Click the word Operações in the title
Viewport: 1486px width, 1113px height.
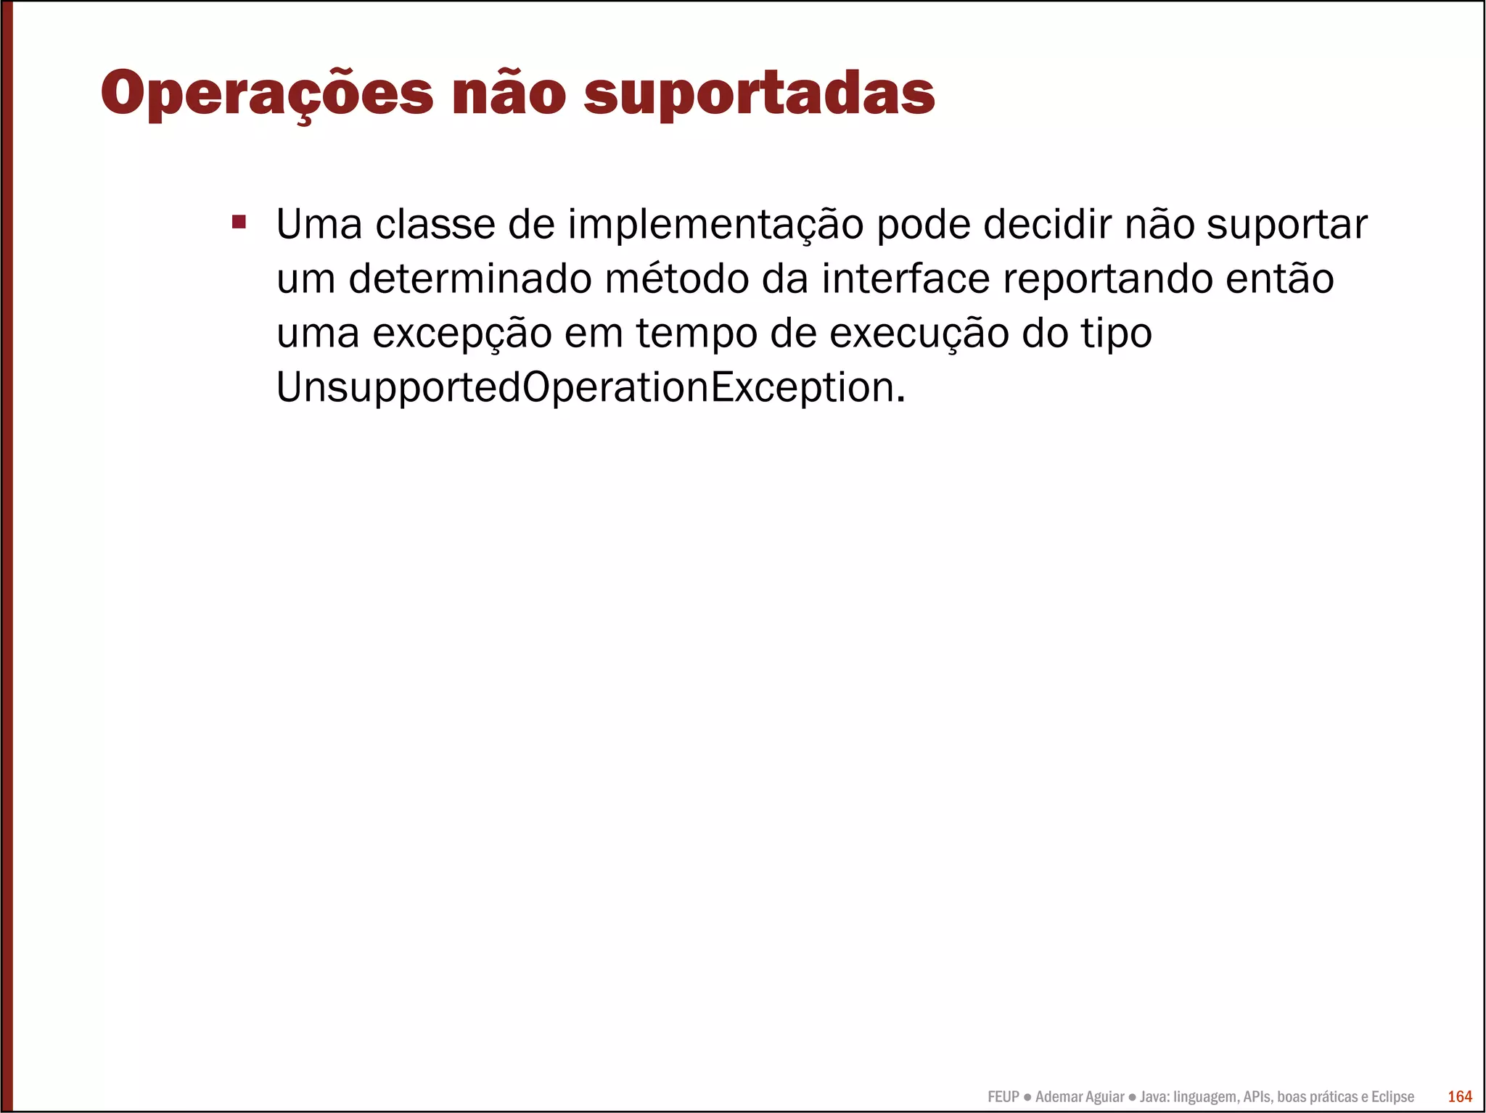click(x=267, y=94)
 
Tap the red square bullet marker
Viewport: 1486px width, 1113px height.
click(x=239, y=221)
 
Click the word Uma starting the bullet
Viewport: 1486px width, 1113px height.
click(x=319, y=225)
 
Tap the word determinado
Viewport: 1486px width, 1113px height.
click(x=470, y=279)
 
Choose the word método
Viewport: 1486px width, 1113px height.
click(x=676, y=279)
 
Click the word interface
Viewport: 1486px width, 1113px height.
click(x=906, y=279)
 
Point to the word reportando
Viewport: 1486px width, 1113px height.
click(x=1107, y=281)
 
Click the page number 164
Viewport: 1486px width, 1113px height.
click(x=1459, y=1096)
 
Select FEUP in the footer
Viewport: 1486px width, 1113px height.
click(x=1003, y=1097)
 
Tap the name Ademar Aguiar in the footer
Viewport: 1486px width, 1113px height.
click(x=1080, y=1097)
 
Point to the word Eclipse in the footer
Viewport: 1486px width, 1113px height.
click(x=1392, y=1097)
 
